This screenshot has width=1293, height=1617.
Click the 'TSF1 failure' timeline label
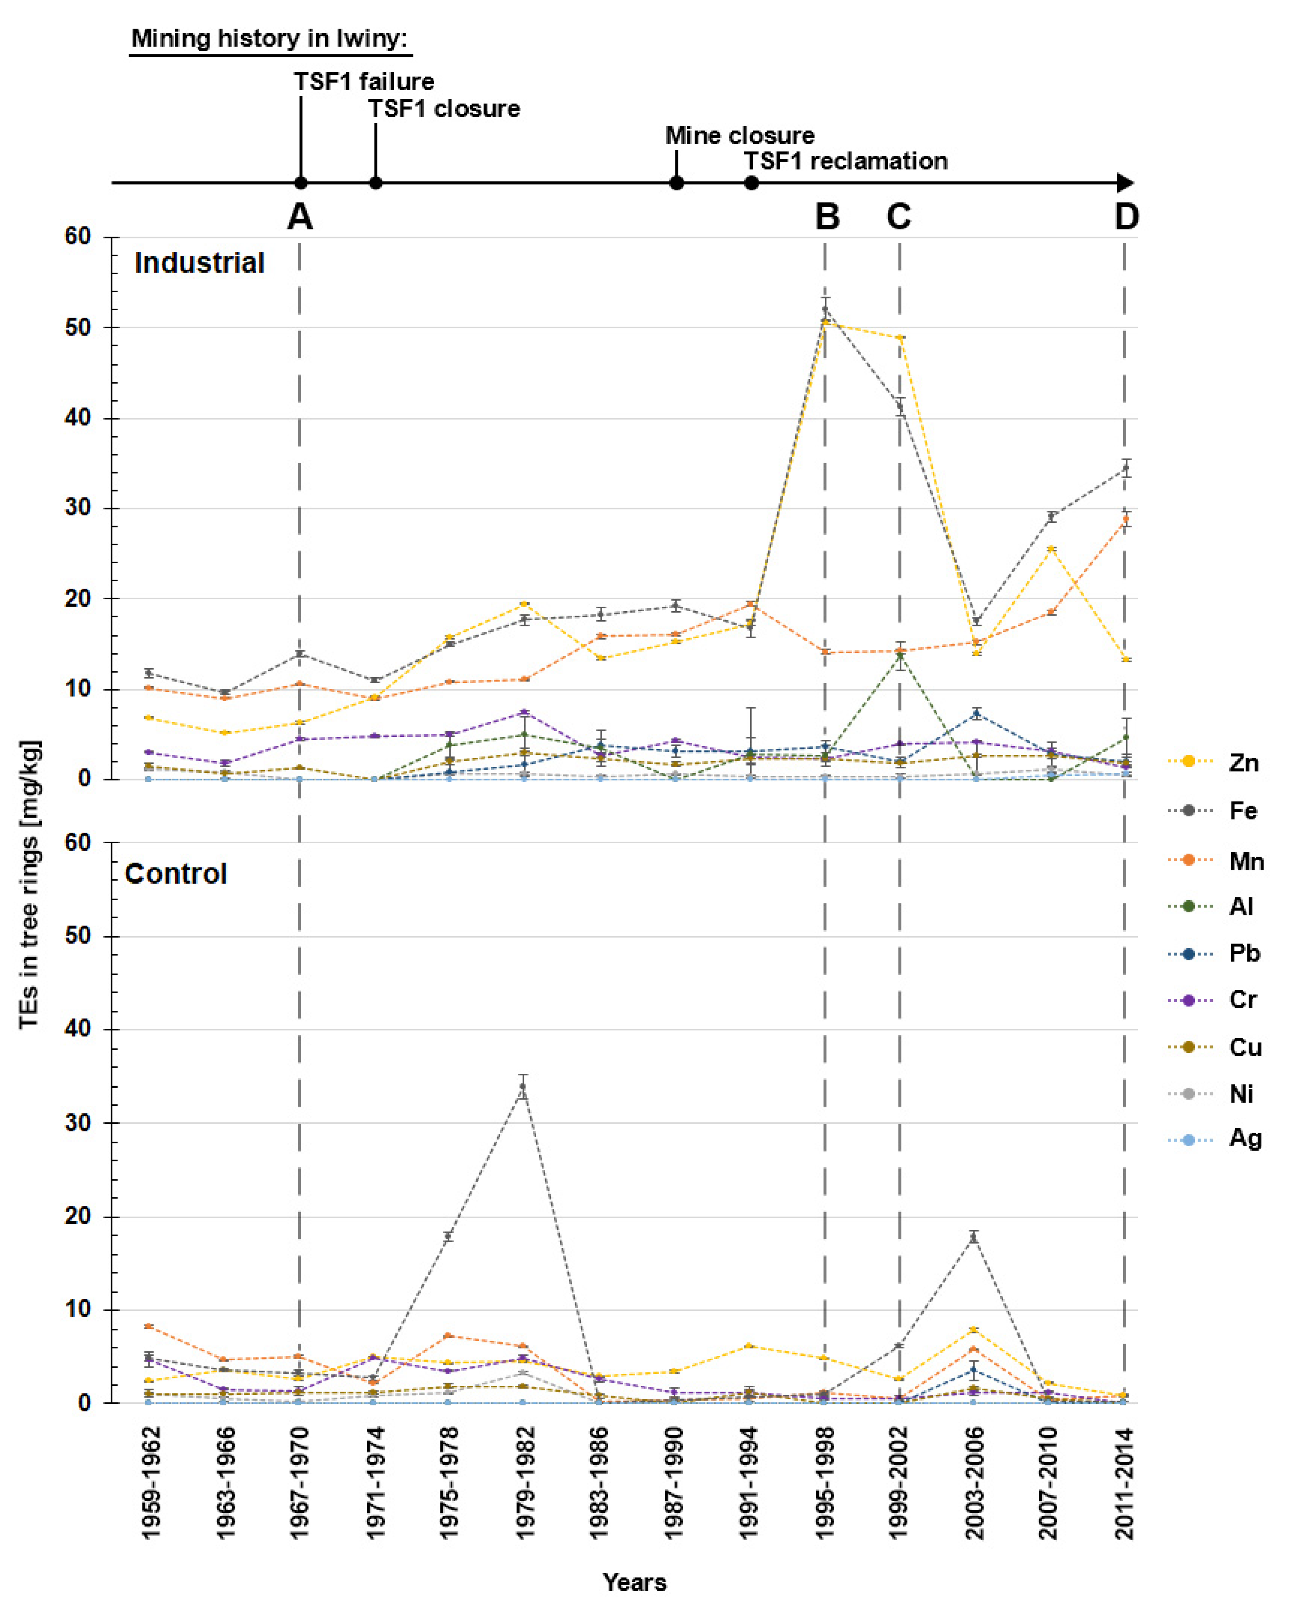tap(364, 81)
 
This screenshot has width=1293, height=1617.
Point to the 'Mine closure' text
tap(740, 136)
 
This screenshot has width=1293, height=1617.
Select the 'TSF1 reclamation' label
tap(845, 161)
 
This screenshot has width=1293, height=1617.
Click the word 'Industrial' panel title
tap(199, 263)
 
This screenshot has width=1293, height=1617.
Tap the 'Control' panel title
tap(176, 874)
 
